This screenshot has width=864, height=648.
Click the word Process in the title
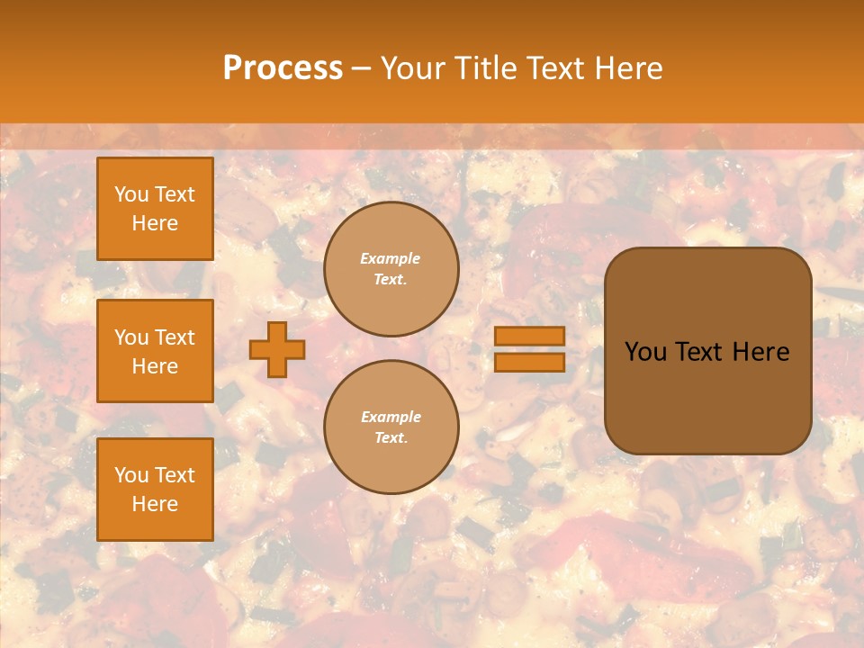tap(283, 68)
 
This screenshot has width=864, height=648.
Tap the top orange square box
tap(155, 209)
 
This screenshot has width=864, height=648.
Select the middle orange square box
tap(155, 351)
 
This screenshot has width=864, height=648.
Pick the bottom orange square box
tap(155, 490)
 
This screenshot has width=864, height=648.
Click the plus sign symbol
tap(277, 349)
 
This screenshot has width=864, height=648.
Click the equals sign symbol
tap(529, 349)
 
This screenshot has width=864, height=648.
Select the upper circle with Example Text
tap(391, 269)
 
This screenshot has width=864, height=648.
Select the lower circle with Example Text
tap(391, 427)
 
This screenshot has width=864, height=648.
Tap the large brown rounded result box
tap(707, 351)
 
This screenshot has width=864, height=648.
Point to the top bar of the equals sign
tap(529, 337)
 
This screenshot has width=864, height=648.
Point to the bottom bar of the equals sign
tap(529, 362)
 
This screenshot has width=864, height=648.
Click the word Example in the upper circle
tap(391, 259)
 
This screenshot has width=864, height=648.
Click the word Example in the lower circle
tap(391, 418)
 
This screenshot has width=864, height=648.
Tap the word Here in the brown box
tap(760, 352)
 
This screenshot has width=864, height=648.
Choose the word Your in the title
tap(413, 68)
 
